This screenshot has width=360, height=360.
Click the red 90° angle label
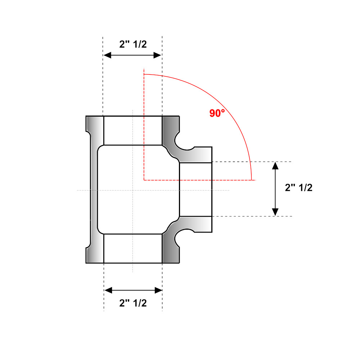[x=217, y=113]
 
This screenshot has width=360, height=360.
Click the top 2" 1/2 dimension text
[x=133, y=44]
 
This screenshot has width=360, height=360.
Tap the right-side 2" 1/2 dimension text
[x=298, y=188]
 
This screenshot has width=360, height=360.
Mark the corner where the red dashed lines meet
[x=144, y=179]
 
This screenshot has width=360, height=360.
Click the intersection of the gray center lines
[x=133, y=190]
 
